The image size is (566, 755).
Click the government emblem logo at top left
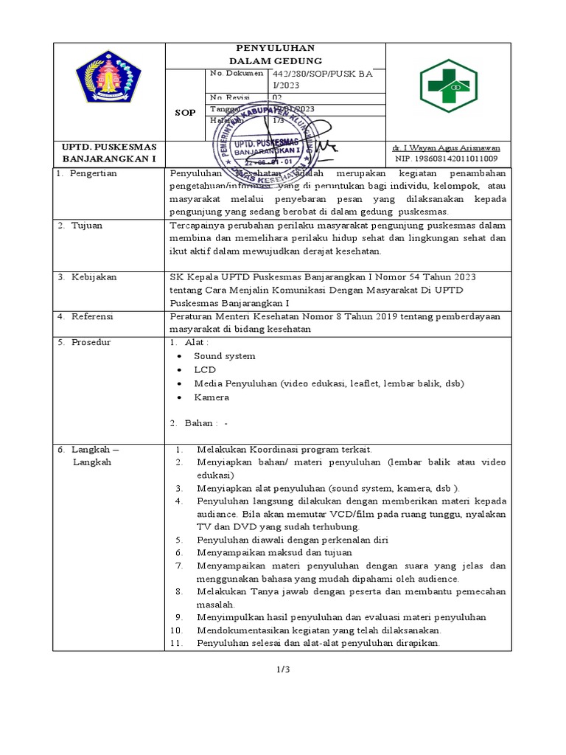click(109, 77)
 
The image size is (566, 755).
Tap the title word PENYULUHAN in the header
click(276, 49)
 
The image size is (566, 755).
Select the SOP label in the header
click(184, 113)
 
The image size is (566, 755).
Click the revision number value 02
click(277, 97)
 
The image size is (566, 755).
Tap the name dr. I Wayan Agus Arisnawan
click(447, 148)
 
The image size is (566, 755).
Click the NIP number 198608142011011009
click(447, 159)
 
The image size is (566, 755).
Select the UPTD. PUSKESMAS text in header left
click(108, 147)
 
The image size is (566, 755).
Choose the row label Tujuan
click(87, 226)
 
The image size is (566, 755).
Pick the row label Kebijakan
click(94, 277)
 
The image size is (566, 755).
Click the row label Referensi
click(92, 316)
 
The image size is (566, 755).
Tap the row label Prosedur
click(91, 342)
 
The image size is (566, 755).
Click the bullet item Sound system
click(225, 356)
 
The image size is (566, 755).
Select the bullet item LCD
click(205, 369)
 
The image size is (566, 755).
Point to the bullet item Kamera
click(212, 397)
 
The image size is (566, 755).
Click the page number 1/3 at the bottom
click(284, 669)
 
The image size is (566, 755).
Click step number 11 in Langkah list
click(176, 643)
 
